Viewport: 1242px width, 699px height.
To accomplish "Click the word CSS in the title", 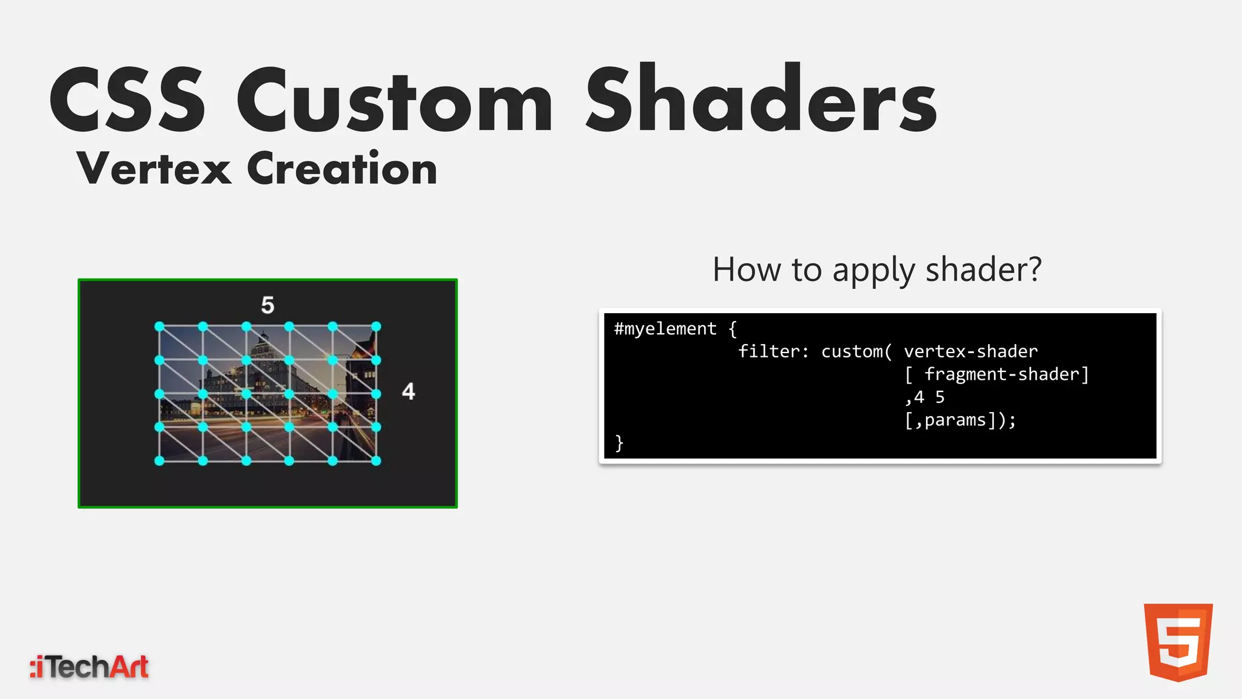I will (x=127, y=100).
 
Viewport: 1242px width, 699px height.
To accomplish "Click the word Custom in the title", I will (x=394, y=100).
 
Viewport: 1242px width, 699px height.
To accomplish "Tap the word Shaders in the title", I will (x=761, y=100).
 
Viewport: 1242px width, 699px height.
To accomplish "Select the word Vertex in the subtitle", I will (x=153, y=169).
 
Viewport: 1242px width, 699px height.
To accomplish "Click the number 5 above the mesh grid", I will (x=267, y=305).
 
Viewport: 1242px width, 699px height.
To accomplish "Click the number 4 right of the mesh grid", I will (x=408, y=391).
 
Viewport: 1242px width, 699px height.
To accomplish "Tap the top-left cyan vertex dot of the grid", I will (x=159, y=326).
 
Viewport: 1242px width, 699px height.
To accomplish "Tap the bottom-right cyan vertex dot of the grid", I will (x=376, y=461).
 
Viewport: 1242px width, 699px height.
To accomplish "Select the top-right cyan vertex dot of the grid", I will (x=376, y=326).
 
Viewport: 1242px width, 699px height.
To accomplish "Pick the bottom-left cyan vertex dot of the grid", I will (x=159, y=461).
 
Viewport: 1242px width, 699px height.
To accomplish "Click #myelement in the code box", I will (x=665, y=329).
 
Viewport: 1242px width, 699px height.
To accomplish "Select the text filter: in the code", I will (x=773, y=351).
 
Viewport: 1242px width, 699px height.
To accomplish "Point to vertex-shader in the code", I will (x=970, y=351).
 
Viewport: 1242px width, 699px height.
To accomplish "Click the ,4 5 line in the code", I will (x=925, y=397).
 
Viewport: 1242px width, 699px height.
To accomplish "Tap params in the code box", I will (x=955, y=420).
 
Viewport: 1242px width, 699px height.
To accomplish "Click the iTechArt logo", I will (x=89, y=667).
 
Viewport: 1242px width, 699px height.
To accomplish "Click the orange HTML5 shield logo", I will (x=1178, y=642).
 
